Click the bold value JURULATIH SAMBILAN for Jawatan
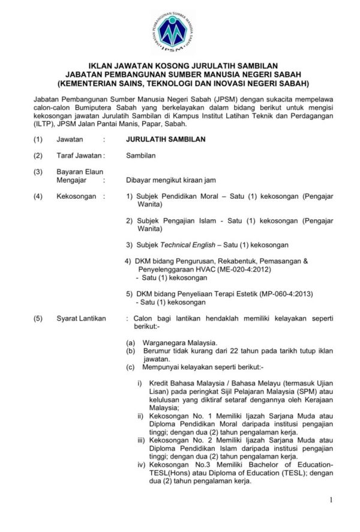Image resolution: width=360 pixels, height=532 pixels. pos(162,139)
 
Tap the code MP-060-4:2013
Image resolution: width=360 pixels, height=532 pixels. pos(280,294)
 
